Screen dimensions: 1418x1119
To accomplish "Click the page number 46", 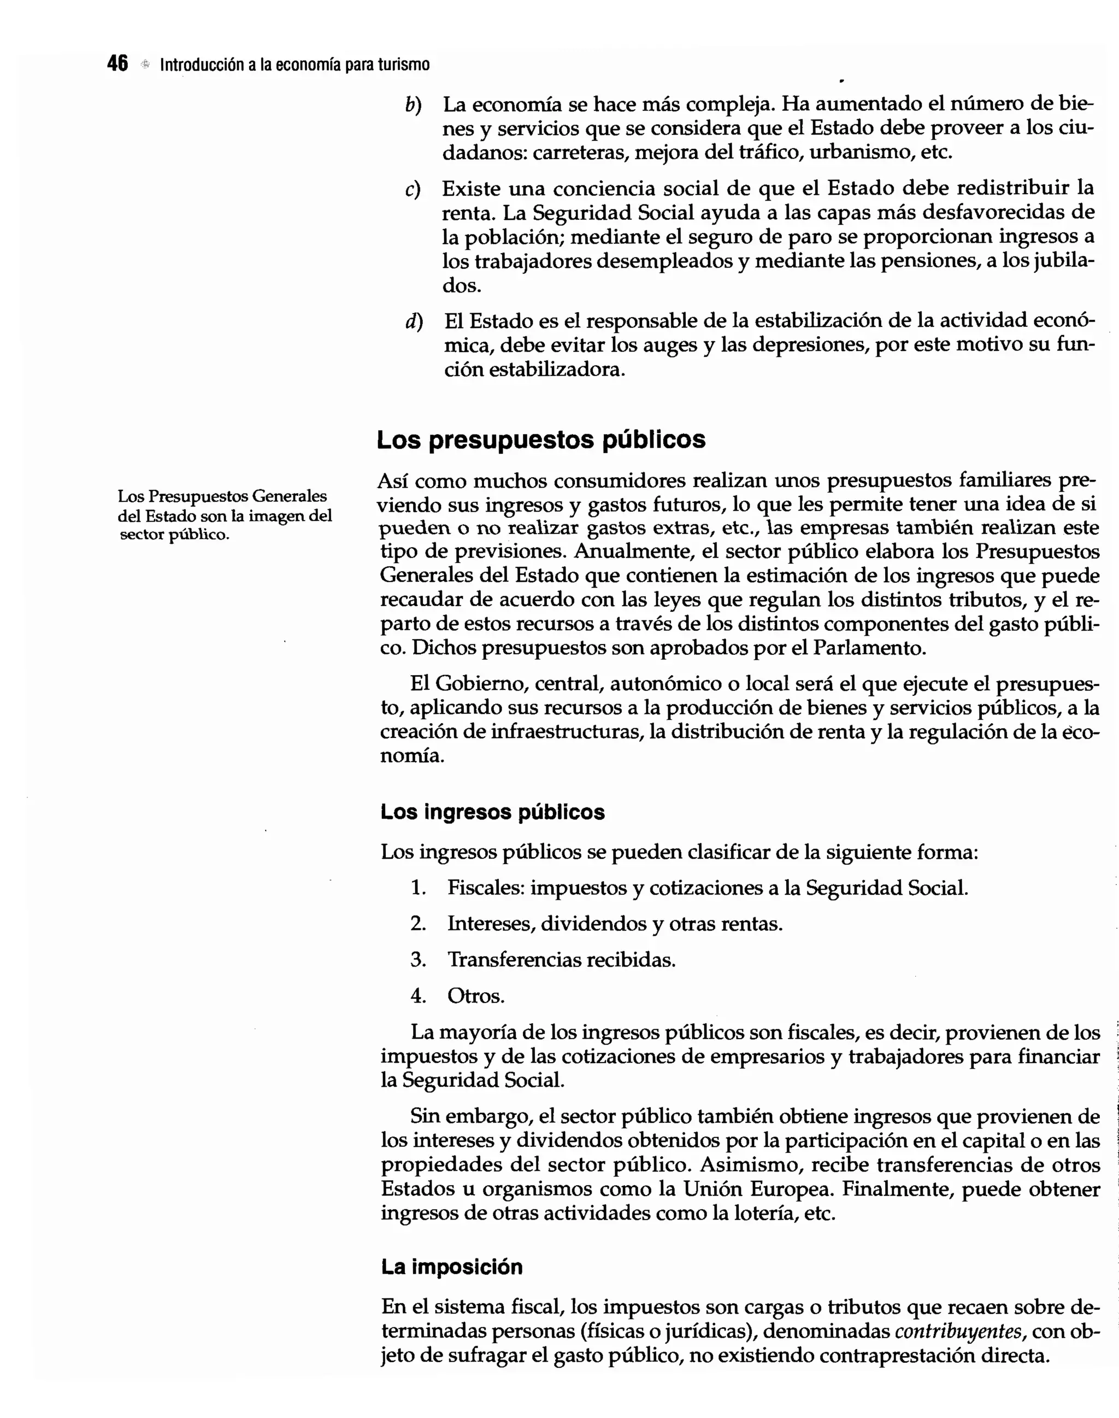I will [x=117, y=65].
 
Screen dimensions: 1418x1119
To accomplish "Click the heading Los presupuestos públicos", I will [x=540, y=440].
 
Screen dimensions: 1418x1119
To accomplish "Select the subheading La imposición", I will [x=451, y=1267].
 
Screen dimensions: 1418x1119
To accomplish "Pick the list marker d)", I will [x=414, y=322].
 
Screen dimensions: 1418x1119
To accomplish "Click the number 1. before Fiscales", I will [x=418, y=888].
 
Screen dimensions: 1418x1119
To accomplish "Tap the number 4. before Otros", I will [x=418, y=997].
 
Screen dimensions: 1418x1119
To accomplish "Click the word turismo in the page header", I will [x=404, y=65].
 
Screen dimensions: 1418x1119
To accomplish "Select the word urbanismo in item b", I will [x=861, y=153].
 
